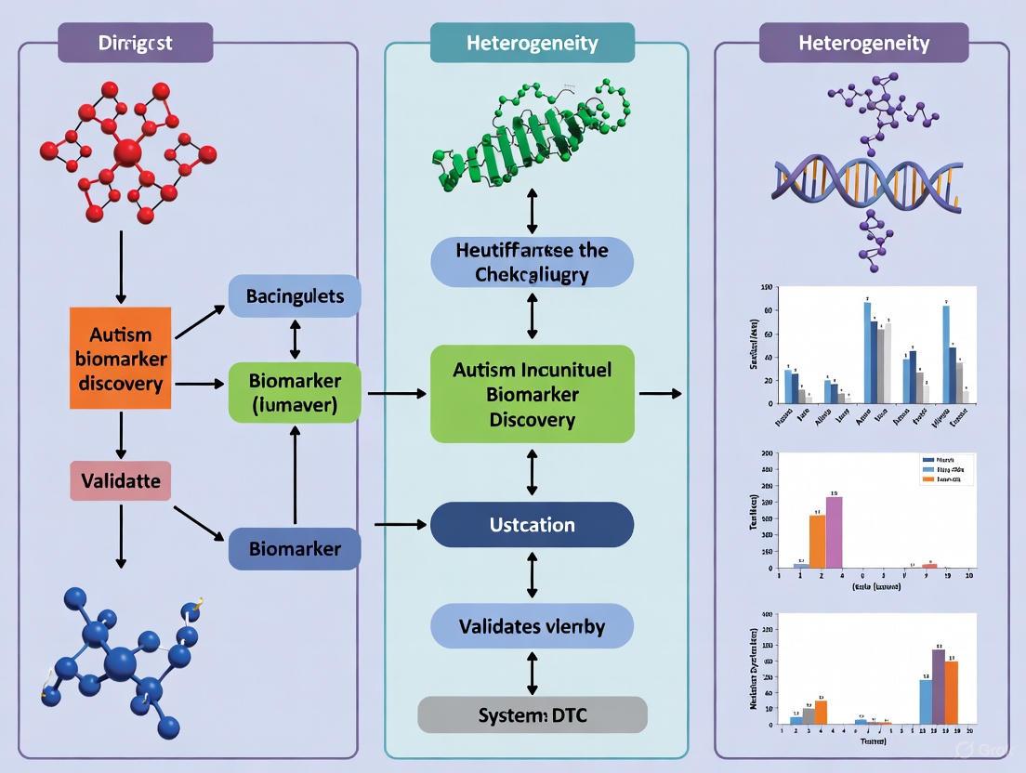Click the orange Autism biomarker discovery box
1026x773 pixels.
point(120,358)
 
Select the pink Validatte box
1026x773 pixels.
point(120,481)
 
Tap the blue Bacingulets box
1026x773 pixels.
point(295,296)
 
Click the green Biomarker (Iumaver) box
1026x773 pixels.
point(295,393)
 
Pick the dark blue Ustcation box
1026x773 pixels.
point(532,525)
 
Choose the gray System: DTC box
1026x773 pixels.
point(532,714)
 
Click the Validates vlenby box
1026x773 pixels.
point(532,626)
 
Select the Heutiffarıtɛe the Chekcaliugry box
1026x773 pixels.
point(532,262)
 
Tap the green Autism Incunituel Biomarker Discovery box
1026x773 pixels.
point(532,394)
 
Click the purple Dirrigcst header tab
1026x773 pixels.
point(136,43)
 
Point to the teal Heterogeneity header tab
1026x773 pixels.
point(532,43)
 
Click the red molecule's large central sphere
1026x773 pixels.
point(127,152)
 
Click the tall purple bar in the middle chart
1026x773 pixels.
point(834,532)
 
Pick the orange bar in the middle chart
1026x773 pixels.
point(817,541)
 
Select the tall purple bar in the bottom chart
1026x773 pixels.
point(939,686)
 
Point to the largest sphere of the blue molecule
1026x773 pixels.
point(119,664)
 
